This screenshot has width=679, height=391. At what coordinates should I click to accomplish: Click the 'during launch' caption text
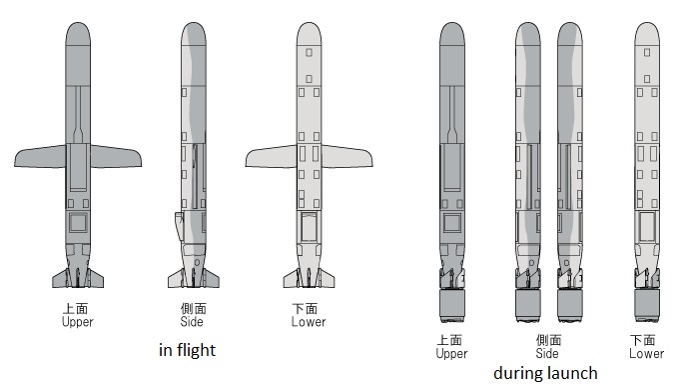(545, 374)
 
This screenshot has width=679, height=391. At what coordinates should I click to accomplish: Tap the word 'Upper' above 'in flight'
(77, 322)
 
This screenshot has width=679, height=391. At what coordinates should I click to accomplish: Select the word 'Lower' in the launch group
(646, 353)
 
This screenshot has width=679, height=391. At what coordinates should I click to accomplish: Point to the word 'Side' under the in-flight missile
(192, 322)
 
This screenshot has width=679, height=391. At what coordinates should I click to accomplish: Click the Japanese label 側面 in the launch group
(547, 340)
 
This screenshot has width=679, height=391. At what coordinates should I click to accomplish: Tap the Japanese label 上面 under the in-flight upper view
(77, 309)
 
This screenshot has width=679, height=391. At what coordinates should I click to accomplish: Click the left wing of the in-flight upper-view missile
(40, 157)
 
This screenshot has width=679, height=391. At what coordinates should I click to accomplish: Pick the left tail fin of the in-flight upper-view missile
(60, 277)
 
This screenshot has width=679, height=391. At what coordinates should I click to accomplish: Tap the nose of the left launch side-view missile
(528, 35)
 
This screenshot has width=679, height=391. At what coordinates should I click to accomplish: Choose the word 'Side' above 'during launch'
(547, 353)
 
